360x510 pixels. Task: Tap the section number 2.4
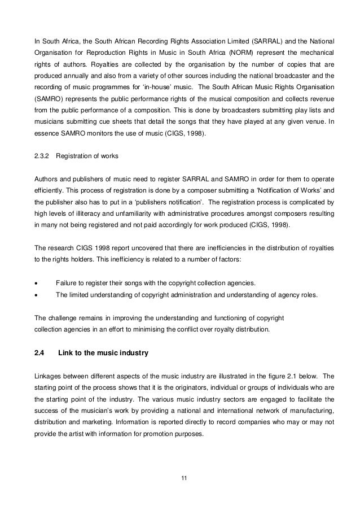(x=39, y=354)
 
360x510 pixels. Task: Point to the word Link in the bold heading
(x=67, y=354)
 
